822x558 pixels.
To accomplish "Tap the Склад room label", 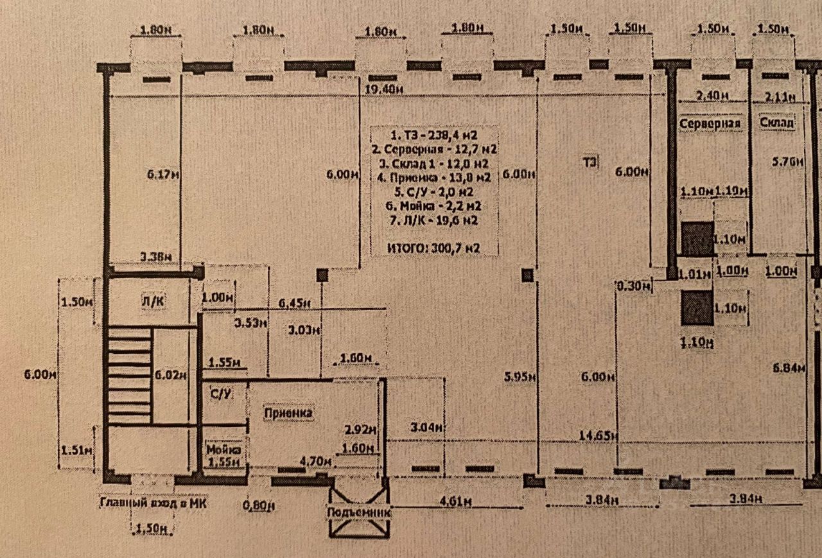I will click(x=776, y=122).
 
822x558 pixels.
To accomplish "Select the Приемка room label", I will click(x=290, y=413).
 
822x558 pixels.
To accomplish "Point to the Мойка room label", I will click(x=223, y=449).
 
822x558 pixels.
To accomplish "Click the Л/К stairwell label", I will click(x=153, y=301).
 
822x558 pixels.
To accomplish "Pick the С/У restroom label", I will click(x=220, y=394).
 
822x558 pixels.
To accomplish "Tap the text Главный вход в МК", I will click(x=153, y=503).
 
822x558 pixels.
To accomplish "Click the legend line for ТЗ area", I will click(x=434, y=135).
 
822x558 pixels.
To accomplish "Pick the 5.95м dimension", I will click(x=520, y=377).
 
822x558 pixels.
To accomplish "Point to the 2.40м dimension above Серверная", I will click(x=712, y=96).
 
